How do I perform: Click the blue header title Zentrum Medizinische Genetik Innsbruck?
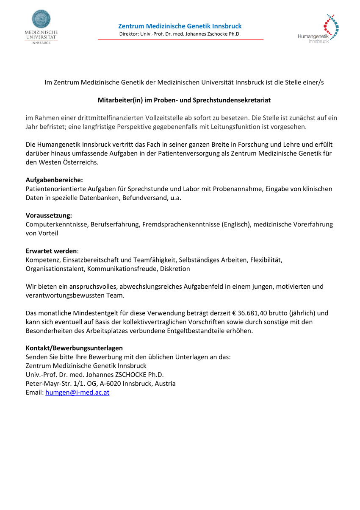[180, 26]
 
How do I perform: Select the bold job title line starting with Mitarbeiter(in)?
[184, 100]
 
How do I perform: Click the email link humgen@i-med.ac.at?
[77, 393]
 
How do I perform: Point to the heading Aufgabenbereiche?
[54, 180]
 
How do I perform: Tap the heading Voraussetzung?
[49, 215]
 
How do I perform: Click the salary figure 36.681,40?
[258, 313]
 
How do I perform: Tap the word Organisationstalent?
[56, 269]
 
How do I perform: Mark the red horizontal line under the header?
[181, 39]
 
